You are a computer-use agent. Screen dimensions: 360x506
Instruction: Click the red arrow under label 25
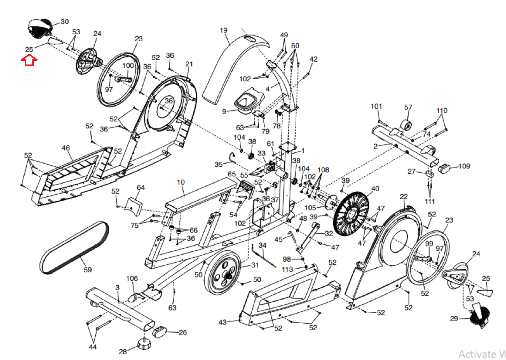(29, 60)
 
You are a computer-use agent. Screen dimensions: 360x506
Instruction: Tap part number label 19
(224, 30)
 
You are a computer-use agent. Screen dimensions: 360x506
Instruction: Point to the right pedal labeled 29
(480, 314)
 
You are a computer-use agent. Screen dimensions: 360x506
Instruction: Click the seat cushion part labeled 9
(249, 101)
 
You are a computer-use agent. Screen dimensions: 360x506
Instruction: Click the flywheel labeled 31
(221, 273)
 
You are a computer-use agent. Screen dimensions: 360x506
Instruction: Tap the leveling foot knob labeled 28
(144, 344)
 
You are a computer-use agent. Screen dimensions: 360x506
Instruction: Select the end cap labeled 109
(444, 168)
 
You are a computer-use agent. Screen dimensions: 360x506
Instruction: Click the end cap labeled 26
(159, 332)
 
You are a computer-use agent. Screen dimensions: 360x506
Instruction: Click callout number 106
(132, 278)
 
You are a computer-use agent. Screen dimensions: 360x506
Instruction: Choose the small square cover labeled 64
(134, 206)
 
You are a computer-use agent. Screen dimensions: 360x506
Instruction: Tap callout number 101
(376, 107)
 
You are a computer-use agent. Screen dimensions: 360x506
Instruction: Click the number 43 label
(223, 322)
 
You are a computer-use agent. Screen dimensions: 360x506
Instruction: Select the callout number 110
(442, 111)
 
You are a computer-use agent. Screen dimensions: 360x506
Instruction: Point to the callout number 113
(287, 269)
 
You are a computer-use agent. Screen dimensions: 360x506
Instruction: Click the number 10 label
(181, 182)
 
